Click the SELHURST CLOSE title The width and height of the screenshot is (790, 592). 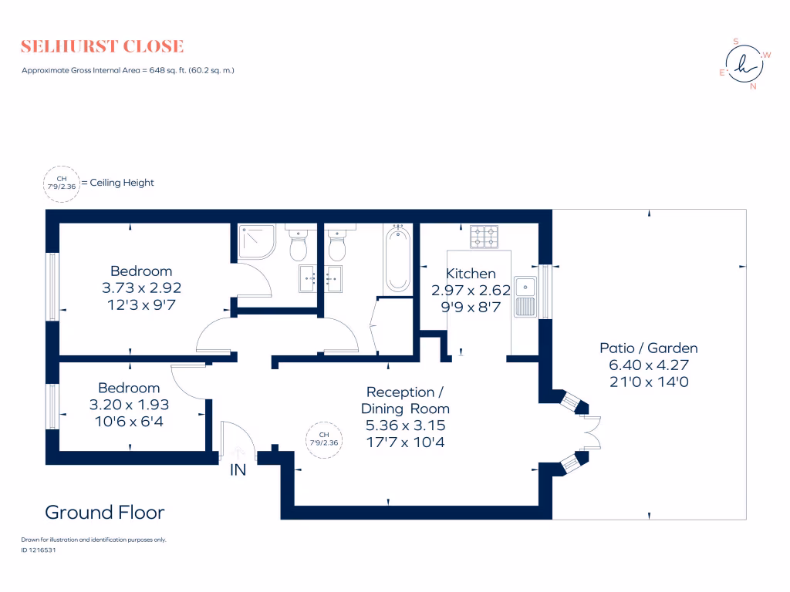103,46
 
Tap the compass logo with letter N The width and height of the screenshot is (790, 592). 744,65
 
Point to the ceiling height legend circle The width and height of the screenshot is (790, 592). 62,183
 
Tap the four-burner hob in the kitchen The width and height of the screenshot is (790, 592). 485,236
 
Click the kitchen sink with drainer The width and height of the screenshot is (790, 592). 526,296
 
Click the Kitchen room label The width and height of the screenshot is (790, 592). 471,274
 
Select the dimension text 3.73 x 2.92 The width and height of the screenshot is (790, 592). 141,287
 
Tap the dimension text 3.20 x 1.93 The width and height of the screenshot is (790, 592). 129,403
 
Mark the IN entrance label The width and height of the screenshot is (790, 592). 238,469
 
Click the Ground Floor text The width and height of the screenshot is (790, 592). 104,513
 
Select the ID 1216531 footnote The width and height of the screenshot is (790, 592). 39,550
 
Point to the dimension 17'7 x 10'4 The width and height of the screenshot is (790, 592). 405,442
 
